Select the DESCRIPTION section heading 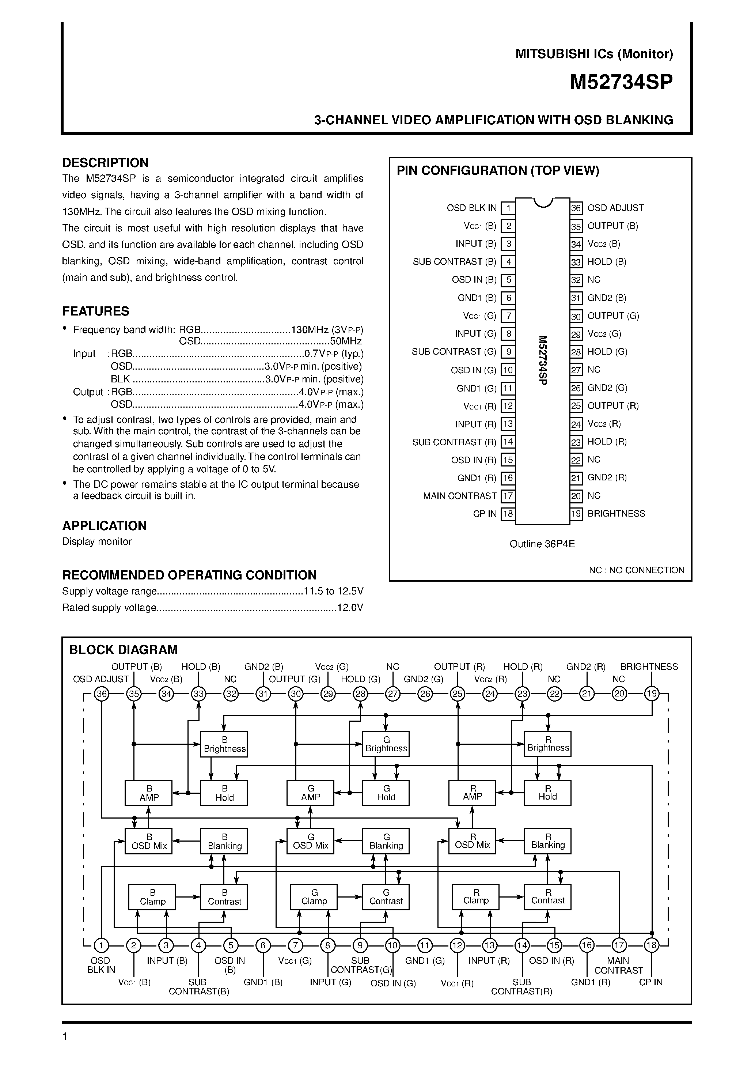coord(106,163)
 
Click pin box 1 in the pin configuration coord(508,208)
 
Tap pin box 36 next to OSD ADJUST coord(576,208)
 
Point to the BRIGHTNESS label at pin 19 coord(616,514)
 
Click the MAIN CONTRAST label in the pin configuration coord(459,496)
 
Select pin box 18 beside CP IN coord(508,514)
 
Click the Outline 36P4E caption coord(542,544)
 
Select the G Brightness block coord(386,744)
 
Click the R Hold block coord(547,793)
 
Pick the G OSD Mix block coord(311,841)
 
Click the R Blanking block coord(547,841)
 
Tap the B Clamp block coord(152,897)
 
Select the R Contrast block coord(547,897)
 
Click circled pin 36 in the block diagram coord(102,694)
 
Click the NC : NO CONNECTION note coord(636,570)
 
